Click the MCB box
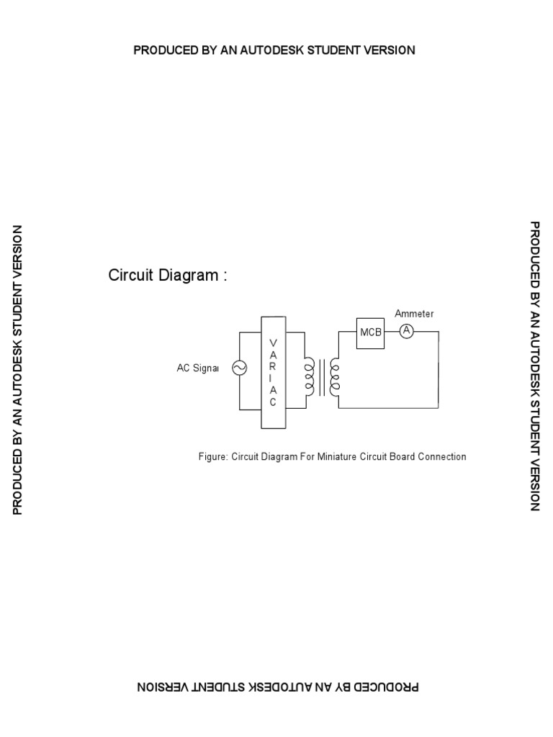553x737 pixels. click(x=371, y=333)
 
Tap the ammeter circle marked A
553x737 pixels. click(x=406, y=331)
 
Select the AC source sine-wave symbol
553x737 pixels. click(x=238, y=368)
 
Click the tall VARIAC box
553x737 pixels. click(x=273, y=372)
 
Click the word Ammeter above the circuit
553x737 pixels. click(x=414, y=314)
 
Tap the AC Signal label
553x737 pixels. click(x=197, y=368)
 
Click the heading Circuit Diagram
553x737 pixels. click(x=168, y=276)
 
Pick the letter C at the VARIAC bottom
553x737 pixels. click(x=273, y=402)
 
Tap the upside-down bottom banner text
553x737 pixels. click(x=277, y=687)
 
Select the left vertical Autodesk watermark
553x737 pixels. click(x=18, y=370)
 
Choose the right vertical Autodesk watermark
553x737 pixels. click(x=534, y=366)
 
